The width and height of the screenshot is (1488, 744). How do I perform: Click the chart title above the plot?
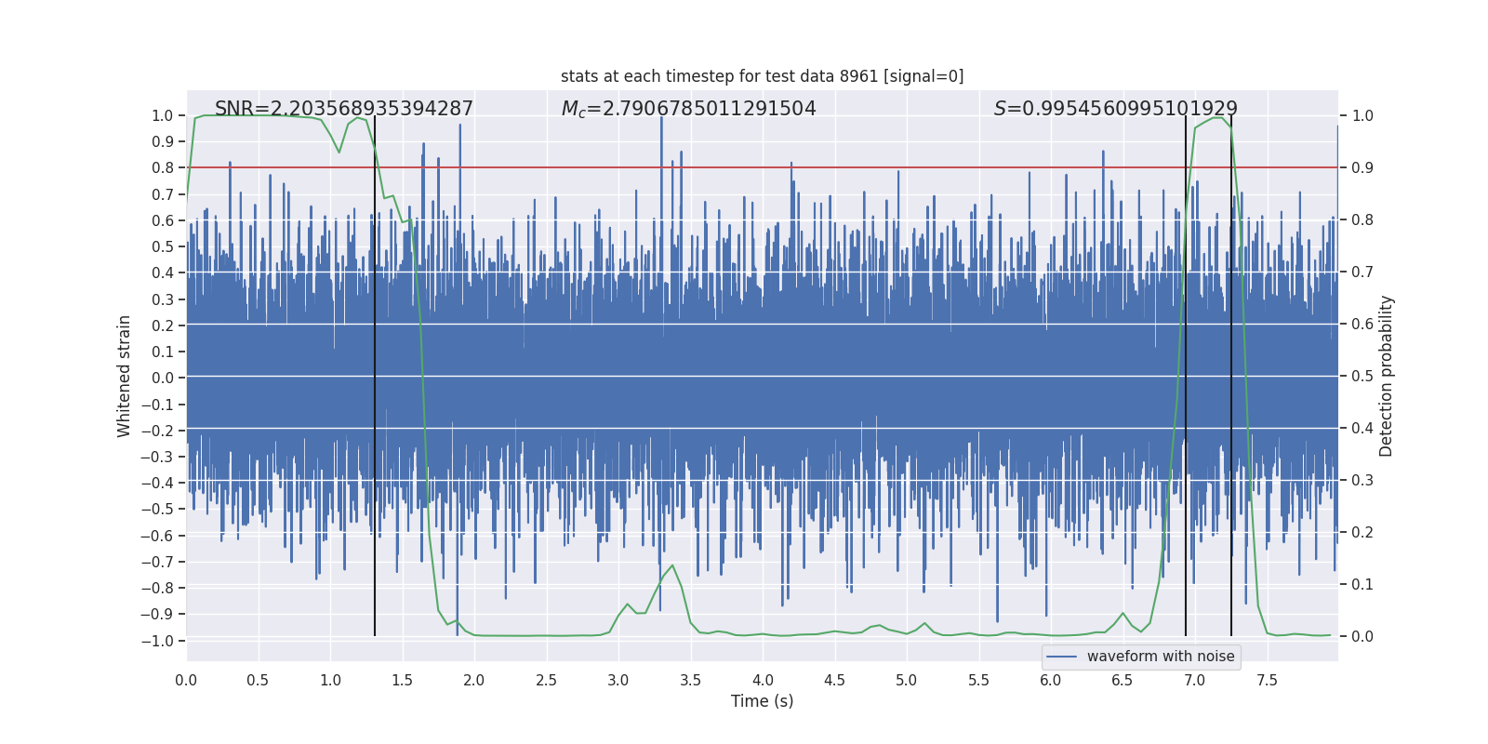click(x=762, y=76)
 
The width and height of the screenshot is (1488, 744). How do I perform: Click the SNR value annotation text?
click(x=344, y=109)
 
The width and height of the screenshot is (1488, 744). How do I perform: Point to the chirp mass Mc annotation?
click(x=688, y=109)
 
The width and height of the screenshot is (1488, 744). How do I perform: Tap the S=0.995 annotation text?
click(x=1115, y=109)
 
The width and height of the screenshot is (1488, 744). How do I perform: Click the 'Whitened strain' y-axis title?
click(x=125, y=376)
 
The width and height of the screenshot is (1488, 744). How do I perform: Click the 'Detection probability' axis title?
click(x=1387, y=376)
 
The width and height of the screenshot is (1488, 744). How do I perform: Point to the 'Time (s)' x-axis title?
click(x=762, y=701)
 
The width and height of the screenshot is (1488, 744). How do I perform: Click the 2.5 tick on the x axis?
click(x=546, y=680)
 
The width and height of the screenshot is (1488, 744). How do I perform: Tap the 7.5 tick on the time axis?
click(x=1267, y=680)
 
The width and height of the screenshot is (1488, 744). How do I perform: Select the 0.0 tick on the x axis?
click(x=186, y=680)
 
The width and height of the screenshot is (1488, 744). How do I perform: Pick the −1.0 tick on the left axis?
click(x=158, y=641)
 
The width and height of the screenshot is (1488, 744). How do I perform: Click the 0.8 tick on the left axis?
click(x=163, y=168)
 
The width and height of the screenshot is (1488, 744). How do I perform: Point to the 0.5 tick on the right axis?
click(x=1362, y=377)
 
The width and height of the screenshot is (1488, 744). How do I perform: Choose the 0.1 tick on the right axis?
click(x=1362, y=585)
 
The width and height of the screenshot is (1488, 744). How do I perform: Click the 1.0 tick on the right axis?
click(x=1362, y=116)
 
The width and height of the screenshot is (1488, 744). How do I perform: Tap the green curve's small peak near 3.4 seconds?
click(x=671, y=565)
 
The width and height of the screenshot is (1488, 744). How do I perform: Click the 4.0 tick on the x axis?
click(x=763, y=680)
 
